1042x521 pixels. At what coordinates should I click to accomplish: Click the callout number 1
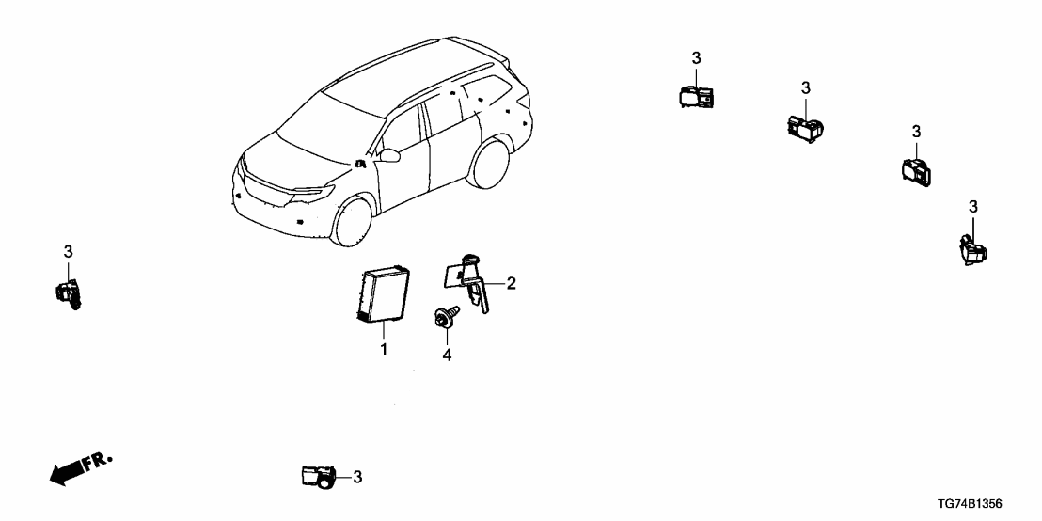384,350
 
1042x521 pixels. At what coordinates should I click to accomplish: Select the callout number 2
512,282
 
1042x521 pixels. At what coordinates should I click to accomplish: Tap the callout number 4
447,355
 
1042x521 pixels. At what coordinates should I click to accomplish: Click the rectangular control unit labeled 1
384,295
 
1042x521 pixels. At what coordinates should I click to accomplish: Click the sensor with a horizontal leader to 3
317,477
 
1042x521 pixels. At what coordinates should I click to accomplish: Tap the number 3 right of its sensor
357,478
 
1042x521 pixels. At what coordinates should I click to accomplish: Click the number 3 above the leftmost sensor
68,251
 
